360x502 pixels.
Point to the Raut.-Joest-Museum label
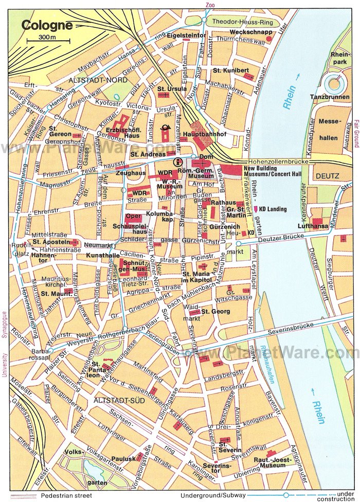click(x=272, y=462)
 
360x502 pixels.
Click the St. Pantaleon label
click(x=100, y=370)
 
